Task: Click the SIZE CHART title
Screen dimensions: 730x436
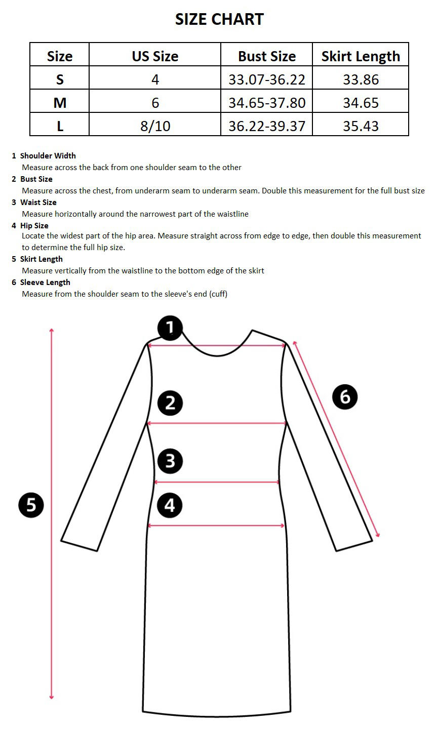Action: click(219, 19)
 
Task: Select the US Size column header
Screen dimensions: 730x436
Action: click(155, 56)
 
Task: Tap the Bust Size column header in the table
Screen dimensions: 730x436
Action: click(267, 56)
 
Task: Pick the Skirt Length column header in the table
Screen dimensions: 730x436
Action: click(361, 56)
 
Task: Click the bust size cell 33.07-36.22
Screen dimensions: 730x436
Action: click(267, 79)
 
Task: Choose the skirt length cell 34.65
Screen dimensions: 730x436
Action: click(361, 103)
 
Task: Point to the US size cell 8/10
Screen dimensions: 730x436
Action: click(155, 126)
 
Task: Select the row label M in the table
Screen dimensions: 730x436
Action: click(60, 103)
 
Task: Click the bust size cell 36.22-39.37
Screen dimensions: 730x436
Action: click(267, 126)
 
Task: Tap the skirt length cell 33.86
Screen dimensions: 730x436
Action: click(361, 79)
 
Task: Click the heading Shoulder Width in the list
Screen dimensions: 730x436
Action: click(48, 156)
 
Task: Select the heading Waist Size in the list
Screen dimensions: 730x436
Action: click(38, 202)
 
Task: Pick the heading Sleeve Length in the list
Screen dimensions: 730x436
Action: click(45, 282)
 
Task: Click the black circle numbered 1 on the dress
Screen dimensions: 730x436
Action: click(170, 328)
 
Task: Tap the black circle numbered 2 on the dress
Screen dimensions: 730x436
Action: click(170, 403)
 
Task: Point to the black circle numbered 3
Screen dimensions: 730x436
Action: click(170, 461)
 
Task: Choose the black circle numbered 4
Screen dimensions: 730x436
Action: click(170, 505)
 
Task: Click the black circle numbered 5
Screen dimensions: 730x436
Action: click(31, 505)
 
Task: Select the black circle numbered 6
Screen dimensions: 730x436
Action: click(345, 396)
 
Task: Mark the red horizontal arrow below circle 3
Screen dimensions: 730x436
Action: click(217, 482)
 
